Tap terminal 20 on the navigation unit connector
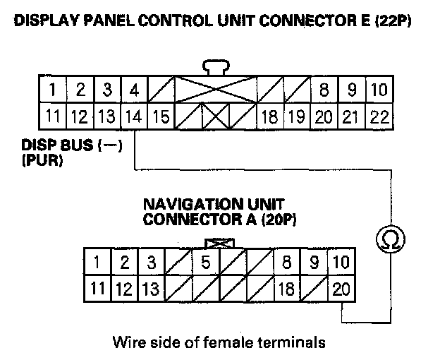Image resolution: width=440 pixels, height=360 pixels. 342,289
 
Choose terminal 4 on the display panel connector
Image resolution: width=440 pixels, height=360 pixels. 132,90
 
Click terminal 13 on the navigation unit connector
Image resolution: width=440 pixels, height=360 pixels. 151,289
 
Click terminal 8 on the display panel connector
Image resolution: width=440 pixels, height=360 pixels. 324,90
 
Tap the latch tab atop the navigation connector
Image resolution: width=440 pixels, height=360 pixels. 224,243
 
